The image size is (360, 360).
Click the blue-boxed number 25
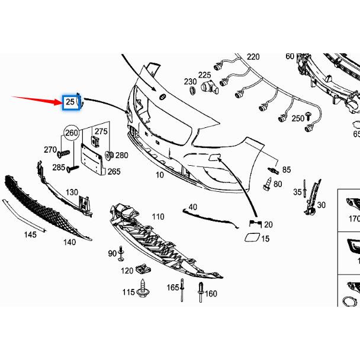[x=70, y=102]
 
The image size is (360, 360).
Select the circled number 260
[x=72, y=133]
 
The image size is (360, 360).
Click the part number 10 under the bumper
[x=159, y=175]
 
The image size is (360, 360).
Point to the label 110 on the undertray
[x=157, y=217]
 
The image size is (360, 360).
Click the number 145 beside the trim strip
[x=30, y=234]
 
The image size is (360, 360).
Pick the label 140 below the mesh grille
[x=69, y=242]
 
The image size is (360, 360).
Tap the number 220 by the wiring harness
[x=253, y=57]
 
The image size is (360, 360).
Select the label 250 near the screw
[x=297, y=118]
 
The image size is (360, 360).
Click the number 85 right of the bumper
[x=287, y=170]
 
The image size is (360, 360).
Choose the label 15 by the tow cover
[x=265, y=239]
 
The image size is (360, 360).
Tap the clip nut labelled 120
[x=142, y=268]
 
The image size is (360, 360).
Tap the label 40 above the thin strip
[x=192, y=207]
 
